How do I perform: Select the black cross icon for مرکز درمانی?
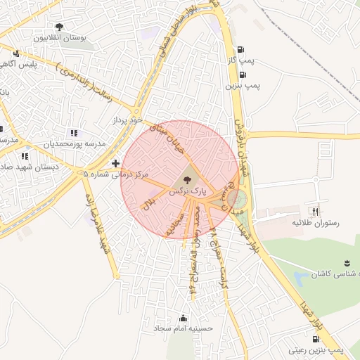click(x=115, y=163)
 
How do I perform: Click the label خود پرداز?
click(x=129, y=122)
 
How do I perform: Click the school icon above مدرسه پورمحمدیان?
click(x=73, y=133)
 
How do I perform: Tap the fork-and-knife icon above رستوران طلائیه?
click(x=316, y=211)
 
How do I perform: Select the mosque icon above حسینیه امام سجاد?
click(x=184, y=317)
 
